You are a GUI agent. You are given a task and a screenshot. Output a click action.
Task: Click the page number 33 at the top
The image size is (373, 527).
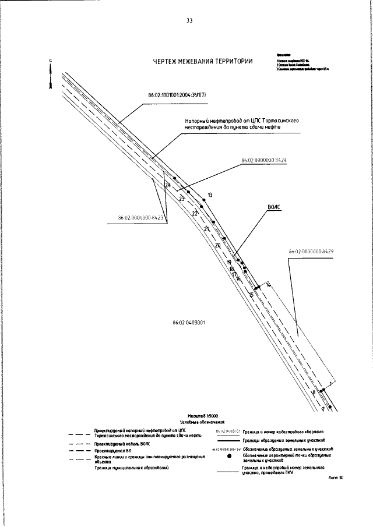[x=189, y=21]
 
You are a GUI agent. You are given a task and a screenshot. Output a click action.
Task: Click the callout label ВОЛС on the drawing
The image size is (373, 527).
[x=274, y=207]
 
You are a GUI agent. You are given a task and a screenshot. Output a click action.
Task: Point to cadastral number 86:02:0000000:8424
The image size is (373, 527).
[x=264, y=160]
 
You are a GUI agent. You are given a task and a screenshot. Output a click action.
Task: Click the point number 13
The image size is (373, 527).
[x=210, y=194]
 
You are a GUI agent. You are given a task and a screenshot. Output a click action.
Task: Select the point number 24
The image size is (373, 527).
[x=168, y=185]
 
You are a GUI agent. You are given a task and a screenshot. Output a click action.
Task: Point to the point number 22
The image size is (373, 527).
[x=195, y=214]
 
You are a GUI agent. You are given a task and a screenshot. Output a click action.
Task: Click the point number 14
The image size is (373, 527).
[x=268, y=284]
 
